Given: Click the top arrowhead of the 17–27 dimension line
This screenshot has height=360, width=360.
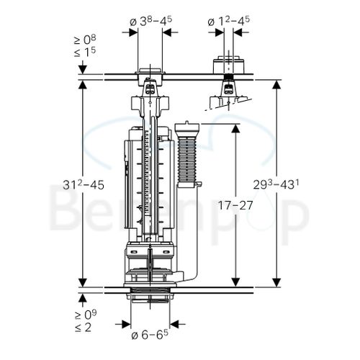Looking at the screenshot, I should point(235,127).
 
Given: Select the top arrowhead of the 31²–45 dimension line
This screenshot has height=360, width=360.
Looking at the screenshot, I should point(84,84).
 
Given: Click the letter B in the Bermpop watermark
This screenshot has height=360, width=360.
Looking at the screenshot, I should point(72,210).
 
